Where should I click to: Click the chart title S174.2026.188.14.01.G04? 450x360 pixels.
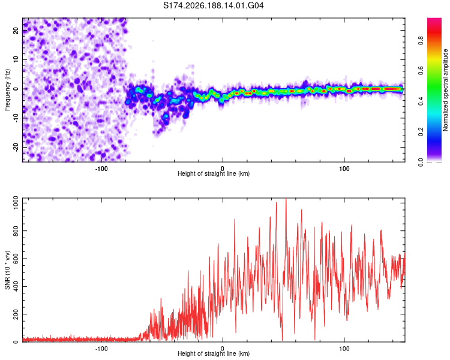[213, 5]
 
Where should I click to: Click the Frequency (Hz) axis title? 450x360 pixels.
[7, 90]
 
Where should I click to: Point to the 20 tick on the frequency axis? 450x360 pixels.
[16, 30]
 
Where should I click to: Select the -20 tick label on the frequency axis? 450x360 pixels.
[16, 148]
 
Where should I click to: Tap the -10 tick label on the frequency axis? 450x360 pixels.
[16, 118]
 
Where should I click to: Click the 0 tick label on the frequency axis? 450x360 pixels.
[16, 89]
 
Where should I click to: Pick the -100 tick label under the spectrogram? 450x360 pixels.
[101, 169]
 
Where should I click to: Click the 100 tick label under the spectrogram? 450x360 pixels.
[344, 169]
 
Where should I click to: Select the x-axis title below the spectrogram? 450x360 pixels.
[214, 173]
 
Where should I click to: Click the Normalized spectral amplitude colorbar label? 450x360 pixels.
[445, 90]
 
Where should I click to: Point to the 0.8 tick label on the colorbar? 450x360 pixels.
[421, 40]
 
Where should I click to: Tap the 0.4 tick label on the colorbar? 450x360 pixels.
[421, 101]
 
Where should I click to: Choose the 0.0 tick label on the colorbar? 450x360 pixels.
[421, 162]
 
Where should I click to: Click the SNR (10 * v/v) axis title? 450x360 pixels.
[7, 270]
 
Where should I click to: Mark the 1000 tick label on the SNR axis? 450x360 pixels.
[16, 203]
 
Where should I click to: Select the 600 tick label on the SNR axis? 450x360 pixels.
[16, 259]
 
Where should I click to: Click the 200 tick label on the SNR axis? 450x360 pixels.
[16, 314]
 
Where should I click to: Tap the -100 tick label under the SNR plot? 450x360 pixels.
[101, 349]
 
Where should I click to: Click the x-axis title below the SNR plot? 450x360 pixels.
[214, 353]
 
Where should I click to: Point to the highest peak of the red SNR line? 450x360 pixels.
[286, 199]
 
